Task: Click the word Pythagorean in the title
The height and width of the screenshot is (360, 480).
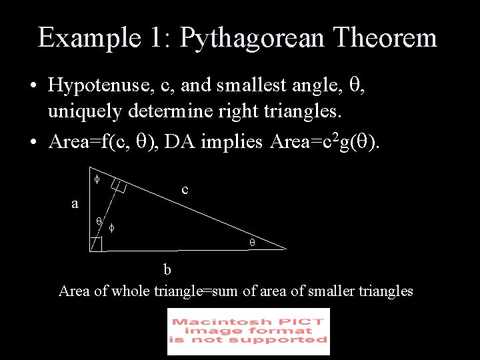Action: (x=251, y=39)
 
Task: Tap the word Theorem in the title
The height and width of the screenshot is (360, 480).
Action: (x=386, y=37)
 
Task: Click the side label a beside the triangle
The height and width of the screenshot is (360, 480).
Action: (x=75, y=204)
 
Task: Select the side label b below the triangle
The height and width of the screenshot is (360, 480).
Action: (x=168, y=269)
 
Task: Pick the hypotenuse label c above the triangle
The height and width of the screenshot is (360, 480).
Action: (x=185, y=190)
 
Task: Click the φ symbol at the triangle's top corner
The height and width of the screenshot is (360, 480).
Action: (x=96, y=179)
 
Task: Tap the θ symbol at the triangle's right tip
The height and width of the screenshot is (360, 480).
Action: (x=253, y=243)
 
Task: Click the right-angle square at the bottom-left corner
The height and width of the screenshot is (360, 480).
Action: (x=97, y=244)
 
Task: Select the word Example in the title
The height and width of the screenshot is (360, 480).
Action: (x=83, y=39)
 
